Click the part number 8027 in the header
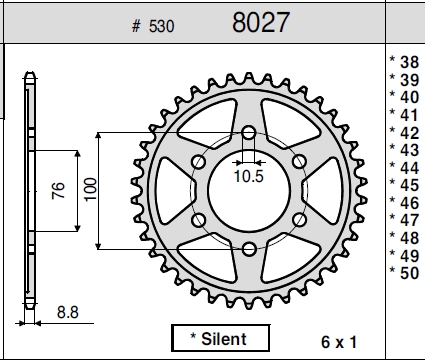pyautogui.click(x=261, y=22)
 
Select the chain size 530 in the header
pyautogui.click(x=162, y=26)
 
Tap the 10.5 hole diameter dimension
pyautogui.click(x=249, y=176)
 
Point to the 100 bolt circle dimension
pyautogui.click(x=90, y=189)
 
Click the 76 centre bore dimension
pyautogui.click(x=59, y=190)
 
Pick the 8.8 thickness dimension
pyautogui.click(x=68, y=312)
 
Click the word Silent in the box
pyautogui.click(x=224, y=339)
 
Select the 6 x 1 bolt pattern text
pyautogui.click(x=339, y=342)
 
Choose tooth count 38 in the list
pyautogui.click(x=409, y=62)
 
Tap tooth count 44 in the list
pyautogui.click(x=409, y=168)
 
